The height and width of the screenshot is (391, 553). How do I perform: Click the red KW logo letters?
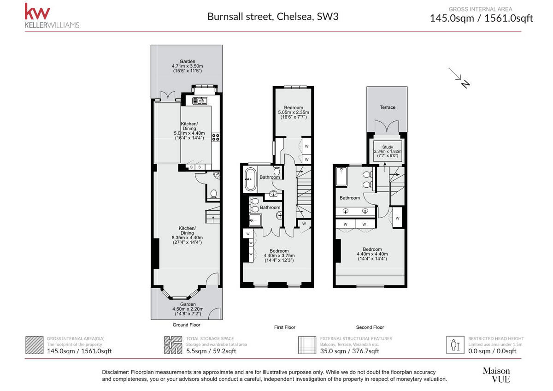37,12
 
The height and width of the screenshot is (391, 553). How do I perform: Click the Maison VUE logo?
496,375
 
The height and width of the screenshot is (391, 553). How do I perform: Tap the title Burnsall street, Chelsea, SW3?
273,17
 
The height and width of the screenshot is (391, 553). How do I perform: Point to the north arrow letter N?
465,84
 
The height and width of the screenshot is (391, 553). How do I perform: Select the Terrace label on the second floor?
388,107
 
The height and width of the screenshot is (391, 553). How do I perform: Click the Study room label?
388,147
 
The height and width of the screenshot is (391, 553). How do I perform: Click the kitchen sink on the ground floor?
200,101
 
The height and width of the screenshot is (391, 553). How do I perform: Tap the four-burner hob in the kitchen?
216,137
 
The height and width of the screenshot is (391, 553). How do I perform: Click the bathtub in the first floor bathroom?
250,179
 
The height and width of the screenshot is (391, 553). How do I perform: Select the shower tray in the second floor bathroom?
341,176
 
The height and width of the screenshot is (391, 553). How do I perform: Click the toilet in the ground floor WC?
213,194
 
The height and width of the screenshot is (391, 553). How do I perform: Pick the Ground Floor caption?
186,325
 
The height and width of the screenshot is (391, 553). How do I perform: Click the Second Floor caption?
370,327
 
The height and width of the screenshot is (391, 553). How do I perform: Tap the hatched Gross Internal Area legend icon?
34,345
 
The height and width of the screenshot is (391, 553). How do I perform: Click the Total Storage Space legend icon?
173,345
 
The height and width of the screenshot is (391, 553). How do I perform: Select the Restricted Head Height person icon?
455,345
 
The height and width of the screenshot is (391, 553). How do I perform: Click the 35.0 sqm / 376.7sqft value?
350,351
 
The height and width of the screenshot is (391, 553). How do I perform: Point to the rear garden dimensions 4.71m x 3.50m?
188,66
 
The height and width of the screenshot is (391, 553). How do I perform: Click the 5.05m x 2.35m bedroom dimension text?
294,112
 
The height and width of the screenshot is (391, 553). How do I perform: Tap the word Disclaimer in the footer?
115,372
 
